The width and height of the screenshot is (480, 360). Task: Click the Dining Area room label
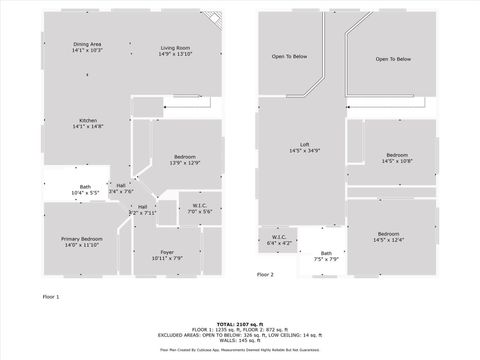87,44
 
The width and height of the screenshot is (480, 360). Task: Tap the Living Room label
176,48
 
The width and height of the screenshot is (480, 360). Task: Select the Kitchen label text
87,121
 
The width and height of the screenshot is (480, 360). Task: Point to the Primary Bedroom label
82,239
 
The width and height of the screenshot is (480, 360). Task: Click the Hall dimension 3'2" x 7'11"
143,213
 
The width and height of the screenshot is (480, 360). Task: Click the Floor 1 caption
51,297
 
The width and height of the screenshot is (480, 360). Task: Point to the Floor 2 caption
265,273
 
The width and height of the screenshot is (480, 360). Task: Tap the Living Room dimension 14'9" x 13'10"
176,54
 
